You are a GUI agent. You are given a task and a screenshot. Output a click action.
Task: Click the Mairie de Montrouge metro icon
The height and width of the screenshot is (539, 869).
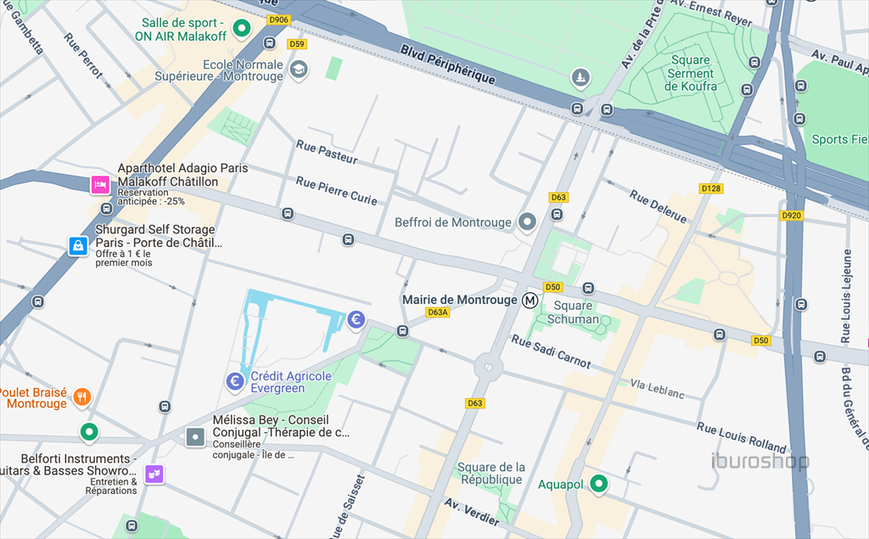(530, 300)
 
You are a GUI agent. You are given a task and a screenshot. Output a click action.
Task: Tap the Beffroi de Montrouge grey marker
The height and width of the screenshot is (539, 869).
(528, 222)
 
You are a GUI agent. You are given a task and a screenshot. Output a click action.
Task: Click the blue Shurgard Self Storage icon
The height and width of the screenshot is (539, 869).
(78, 246)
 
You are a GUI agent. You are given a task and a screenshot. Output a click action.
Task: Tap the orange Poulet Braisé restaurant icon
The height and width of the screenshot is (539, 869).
(81, 396)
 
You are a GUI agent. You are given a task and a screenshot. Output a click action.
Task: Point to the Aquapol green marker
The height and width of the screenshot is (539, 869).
(599, 484)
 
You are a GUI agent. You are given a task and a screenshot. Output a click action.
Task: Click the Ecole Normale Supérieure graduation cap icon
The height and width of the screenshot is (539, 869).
(298, 70)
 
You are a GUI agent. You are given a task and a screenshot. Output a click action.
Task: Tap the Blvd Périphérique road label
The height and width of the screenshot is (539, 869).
(447, 65)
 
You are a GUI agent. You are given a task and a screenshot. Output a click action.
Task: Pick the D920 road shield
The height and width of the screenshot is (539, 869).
(791, 216)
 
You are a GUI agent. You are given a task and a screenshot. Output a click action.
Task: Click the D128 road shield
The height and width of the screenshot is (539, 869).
(711, 188)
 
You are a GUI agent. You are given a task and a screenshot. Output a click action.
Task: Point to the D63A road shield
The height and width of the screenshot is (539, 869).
(437, 312)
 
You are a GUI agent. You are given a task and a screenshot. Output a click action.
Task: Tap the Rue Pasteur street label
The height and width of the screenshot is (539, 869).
(327, 152)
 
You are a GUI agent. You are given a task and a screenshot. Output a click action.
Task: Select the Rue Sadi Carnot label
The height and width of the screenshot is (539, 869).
(551, 351)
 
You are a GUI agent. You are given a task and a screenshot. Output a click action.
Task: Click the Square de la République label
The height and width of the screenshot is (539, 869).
(491, 474)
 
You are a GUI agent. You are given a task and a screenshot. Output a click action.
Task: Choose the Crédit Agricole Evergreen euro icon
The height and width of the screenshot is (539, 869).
(236, 382)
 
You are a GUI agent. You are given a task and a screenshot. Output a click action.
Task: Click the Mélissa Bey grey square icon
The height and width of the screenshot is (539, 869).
(195, 437)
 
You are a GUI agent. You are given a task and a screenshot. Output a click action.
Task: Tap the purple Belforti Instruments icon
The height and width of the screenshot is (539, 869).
(154, 474)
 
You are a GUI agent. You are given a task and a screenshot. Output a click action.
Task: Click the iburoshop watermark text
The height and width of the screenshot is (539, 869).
(760, 462)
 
